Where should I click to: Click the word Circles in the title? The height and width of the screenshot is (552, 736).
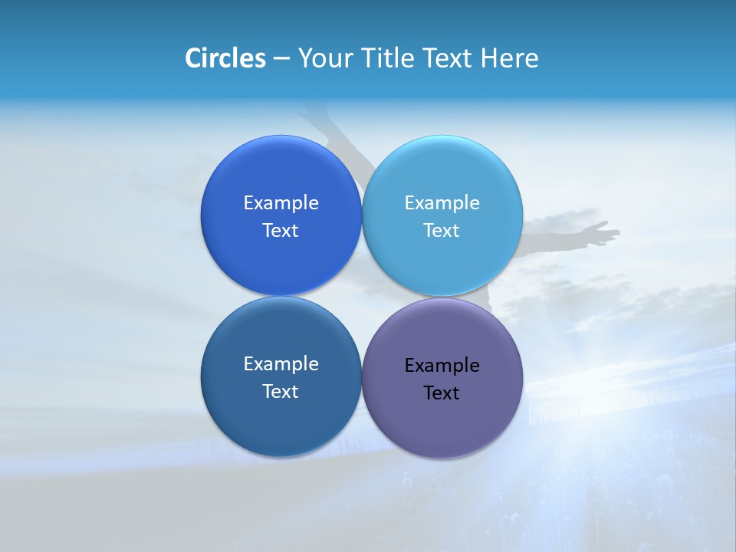225,58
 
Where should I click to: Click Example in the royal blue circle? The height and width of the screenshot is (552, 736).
281,203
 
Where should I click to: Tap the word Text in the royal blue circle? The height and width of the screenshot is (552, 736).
281,231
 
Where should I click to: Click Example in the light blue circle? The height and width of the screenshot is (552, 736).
442,203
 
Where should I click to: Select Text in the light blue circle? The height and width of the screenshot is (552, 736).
442,231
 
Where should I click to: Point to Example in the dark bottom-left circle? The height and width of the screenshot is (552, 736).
281,364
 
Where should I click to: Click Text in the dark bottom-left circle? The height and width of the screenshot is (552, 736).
281,392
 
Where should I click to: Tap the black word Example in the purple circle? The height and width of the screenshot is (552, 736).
442,366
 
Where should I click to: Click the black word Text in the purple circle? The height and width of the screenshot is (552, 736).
442,393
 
